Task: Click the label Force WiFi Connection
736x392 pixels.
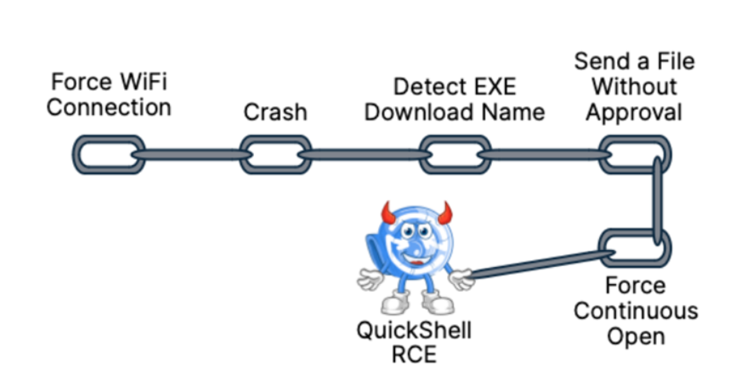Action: coord(109,96)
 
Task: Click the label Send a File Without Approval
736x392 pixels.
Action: coord(634,86)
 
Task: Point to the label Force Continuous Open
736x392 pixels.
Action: coord(636,310)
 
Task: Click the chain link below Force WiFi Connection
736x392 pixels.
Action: coord(105,155)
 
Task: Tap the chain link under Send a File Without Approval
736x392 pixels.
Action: coord(633,155)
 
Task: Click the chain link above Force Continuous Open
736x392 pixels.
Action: coord(634,245)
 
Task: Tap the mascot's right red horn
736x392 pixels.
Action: coord(444,211)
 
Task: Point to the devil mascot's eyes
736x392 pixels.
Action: coord(416,228)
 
